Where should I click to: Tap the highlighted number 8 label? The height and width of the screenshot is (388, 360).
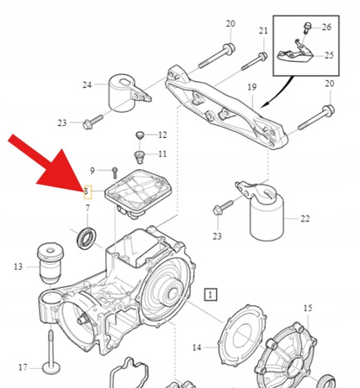86,190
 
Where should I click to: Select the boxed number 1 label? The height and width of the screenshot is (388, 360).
212,294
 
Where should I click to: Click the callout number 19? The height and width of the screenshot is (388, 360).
252,88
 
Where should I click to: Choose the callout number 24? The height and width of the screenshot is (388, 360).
87,84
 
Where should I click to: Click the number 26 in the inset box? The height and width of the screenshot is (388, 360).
326,27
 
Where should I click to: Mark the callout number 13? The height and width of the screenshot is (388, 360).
18,267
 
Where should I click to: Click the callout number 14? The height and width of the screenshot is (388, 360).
196,347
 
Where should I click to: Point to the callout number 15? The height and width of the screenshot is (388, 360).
307,308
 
